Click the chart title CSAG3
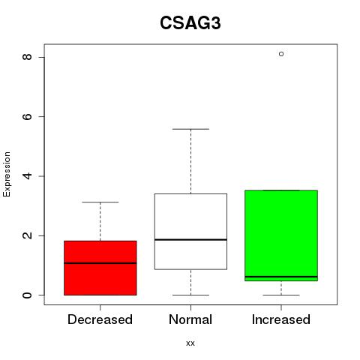click(x=190, y=23)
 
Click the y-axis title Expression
click(x=7, y=174)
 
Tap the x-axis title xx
click(x=190, y=343)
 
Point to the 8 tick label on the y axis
click(x=27, y=57)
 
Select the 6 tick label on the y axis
click(x=27, y=116)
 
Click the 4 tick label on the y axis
click(x=27, y=176)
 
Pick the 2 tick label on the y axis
click(x=27, y=235)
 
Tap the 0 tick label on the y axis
click(x=27, y=295)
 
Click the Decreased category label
click(x=100, y=319)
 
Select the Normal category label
click(x=190, y=319)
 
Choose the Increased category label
click(x=281, y=319)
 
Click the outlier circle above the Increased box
click(x=281, y=54)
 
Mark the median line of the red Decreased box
click(x=100, y=263)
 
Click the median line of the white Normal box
click(x=190, y=240)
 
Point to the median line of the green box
click(x=281, y=277)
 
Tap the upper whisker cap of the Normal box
click(x=190, y=129)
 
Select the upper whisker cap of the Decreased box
click(x=100, y=202)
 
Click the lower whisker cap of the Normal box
click(x=190, y=295)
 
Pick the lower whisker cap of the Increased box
click(x=281, y=295)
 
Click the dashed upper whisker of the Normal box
click(x=190, y=161)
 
